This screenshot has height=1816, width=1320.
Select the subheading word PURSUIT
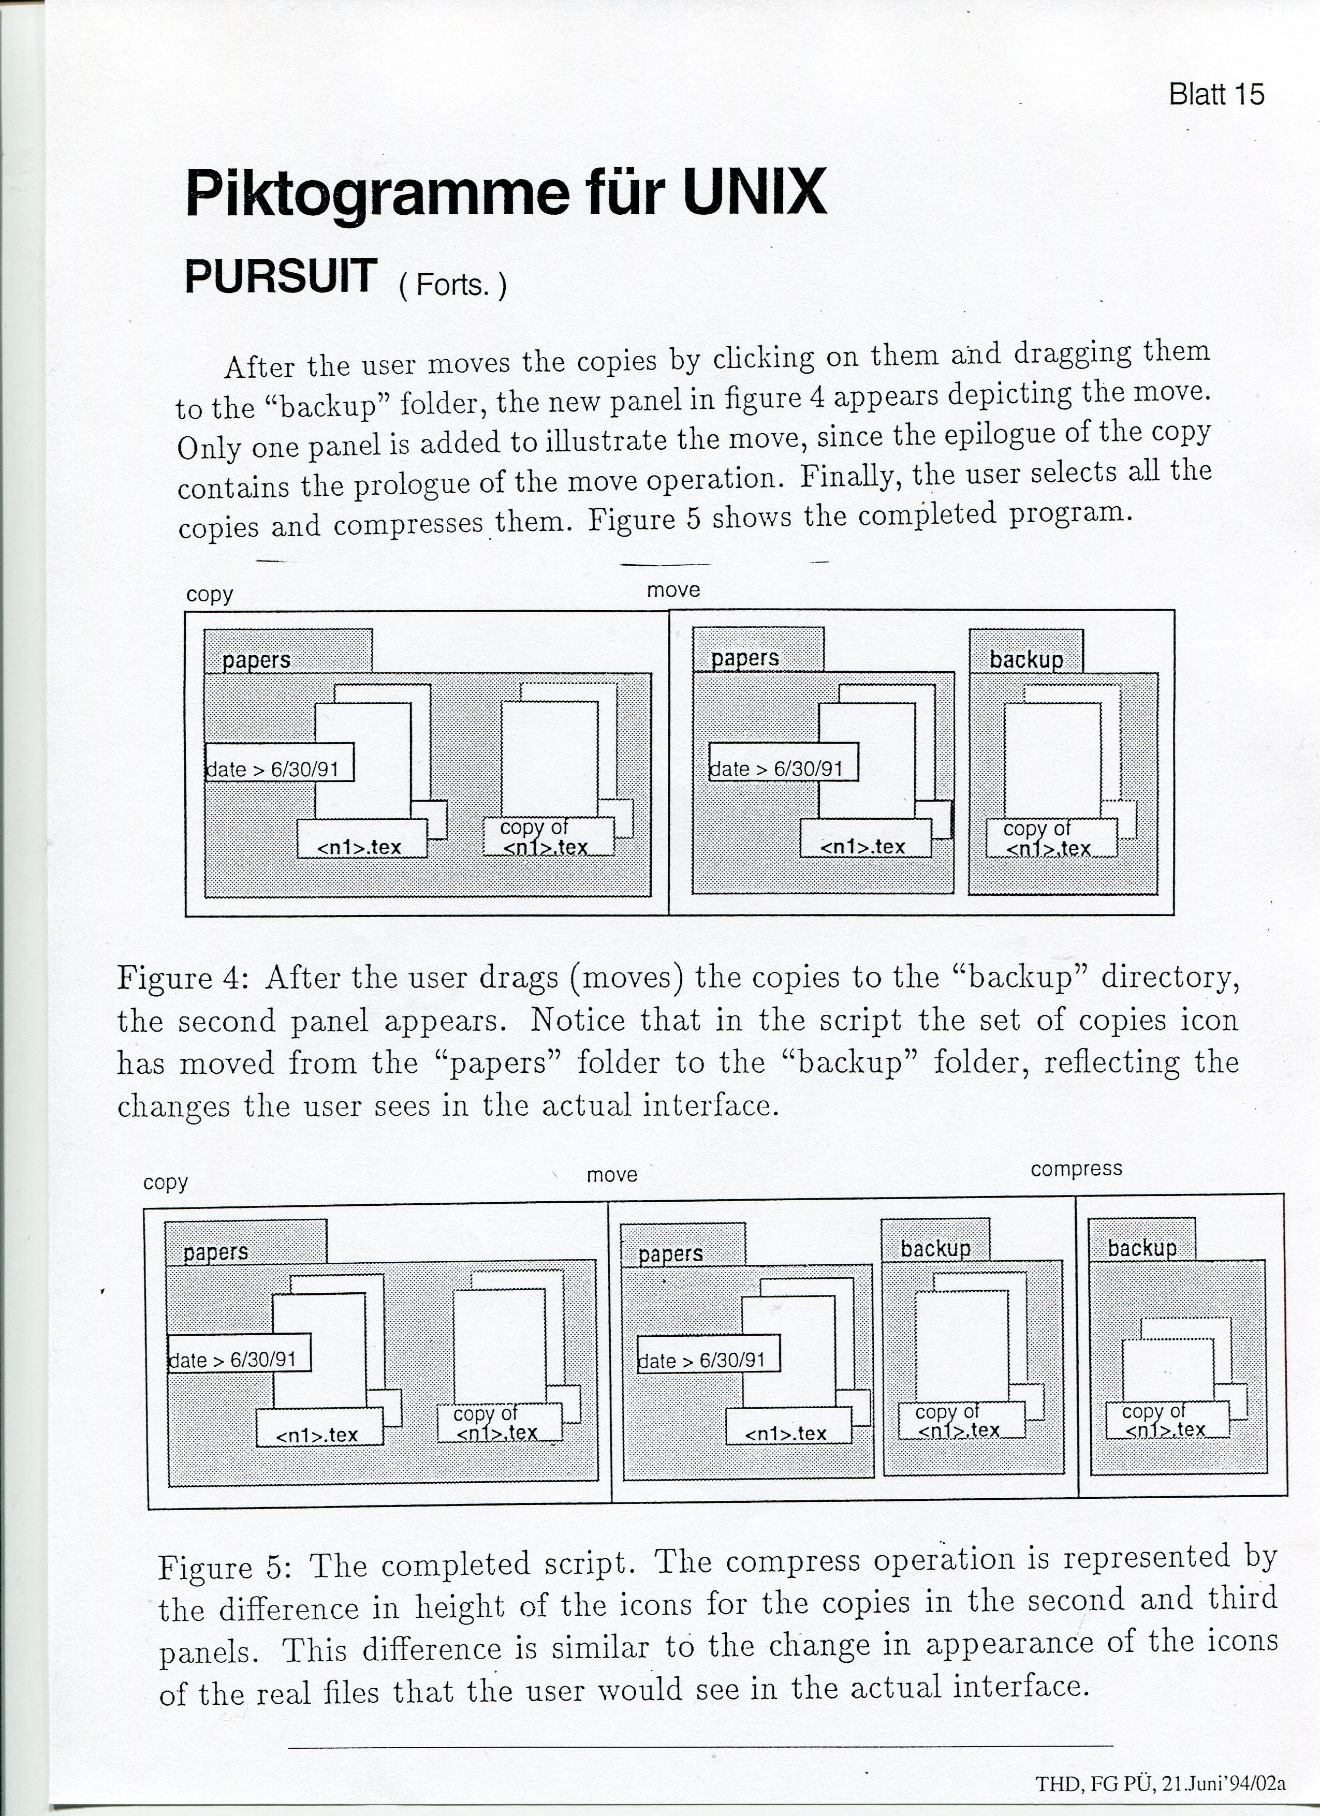tap(281, 276)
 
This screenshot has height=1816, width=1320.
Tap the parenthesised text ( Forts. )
tap(452, 285)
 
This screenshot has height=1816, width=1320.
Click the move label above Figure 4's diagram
tap(673, 590)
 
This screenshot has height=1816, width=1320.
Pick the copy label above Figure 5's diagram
tap(165, 1183)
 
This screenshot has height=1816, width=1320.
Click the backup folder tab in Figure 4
tap(1026, 659)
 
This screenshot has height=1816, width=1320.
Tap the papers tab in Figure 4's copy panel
tap(256, 660)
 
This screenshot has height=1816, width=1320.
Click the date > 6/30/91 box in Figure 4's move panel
tap(783, 769)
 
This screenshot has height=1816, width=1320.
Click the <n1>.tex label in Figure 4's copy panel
tap(360, 846)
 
